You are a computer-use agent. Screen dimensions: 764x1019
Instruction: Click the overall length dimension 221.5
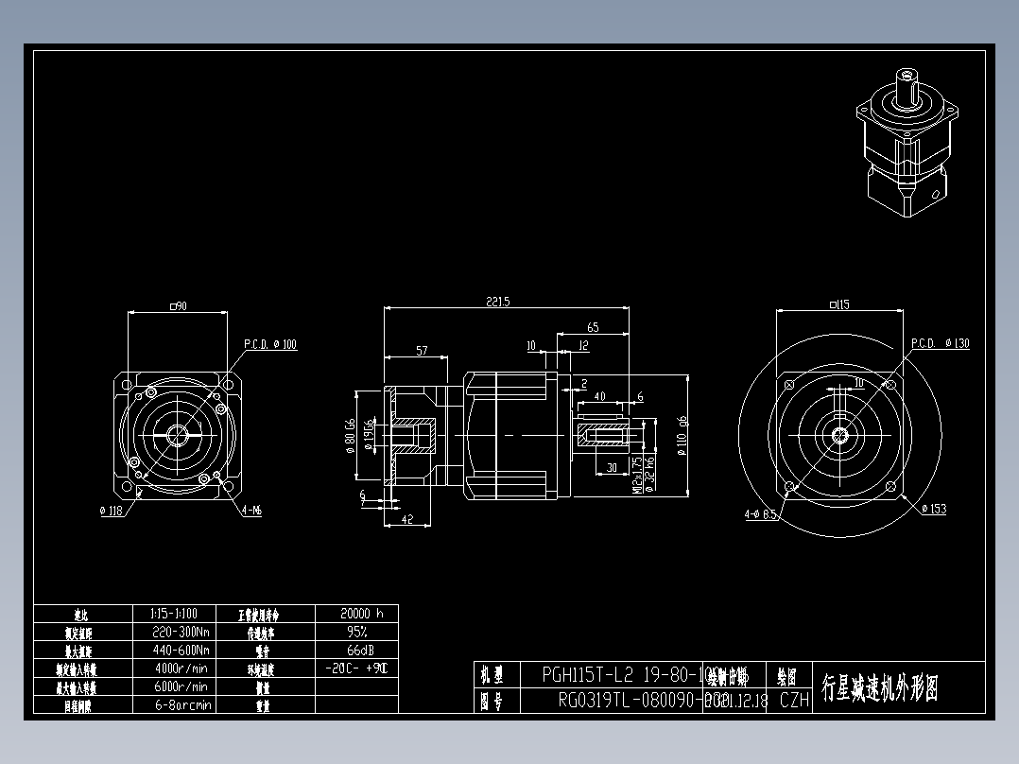498,302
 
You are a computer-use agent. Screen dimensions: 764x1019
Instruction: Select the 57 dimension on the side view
422,351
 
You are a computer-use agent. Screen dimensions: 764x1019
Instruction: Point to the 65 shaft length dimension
593,327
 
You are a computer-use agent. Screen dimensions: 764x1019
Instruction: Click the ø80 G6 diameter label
351,436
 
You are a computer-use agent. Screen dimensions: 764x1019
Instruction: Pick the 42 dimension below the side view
407,519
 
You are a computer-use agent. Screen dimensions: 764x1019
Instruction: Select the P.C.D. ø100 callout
270,344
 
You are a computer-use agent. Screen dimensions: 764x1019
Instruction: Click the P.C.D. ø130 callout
941,342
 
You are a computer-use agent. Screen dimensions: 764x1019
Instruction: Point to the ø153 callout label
933,510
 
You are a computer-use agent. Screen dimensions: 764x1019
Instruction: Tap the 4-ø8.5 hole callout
760,515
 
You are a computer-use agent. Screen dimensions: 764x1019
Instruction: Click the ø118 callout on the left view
112,511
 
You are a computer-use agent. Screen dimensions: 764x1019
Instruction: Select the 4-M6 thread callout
252,511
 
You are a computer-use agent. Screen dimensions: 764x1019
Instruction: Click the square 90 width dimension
177,305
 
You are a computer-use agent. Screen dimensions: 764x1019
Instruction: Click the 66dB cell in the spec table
357,650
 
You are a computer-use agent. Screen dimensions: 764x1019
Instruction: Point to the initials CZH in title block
794,701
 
